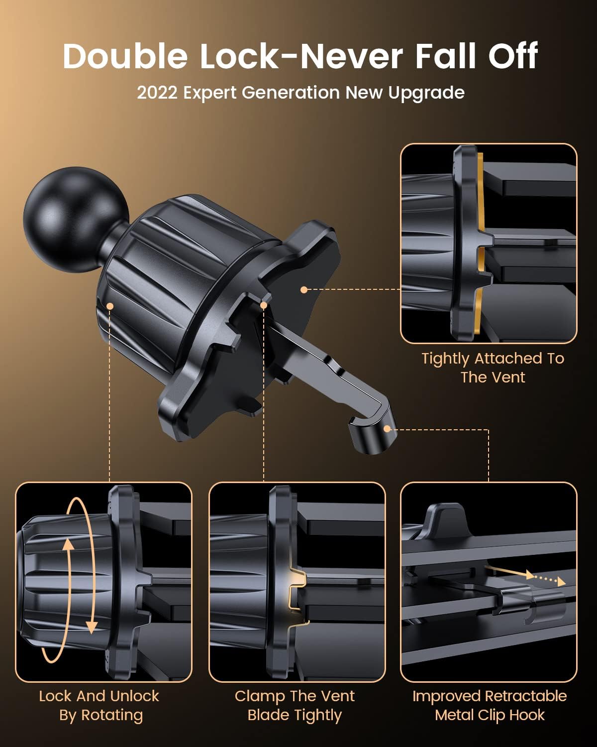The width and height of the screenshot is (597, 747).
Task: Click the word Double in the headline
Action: coord(125,56)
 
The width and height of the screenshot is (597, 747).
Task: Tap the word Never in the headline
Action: coord(352,56)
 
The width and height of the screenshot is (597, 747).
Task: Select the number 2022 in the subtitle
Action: coord(157,93)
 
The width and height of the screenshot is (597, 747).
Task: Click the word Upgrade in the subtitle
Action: coord(426,94)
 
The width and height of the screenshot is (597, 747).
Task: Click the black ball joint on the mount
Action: coord(76,220)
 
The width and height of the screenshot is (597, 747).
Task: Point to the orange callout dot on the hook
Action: coord(387,429)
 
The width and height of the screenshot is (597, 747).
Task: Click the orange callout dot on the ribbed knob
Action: coord(110,306)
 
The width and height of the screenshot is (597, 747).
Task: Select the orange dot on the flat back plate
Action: coord(304,289)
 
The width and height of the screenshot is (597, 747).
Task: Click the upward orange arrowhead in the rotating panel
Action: coord(68,544)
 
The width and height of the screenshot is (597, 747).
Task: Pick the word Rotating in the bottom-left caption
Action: coord(112,715)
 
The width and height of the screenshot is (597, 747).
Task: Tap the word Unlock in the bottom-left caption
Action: coord(135,696)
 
